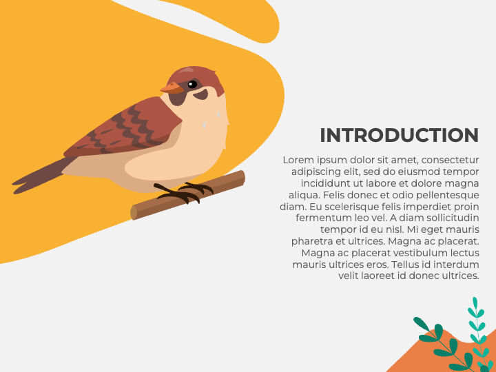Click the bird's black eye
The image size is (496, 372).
[x=192, y=85]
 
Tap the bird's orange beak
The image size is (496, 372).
[x=170, y=88]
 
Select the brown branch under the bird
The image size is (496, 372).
[x=220, y=186]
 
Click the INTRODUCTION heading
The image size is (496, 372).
[x=399, y=135]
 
